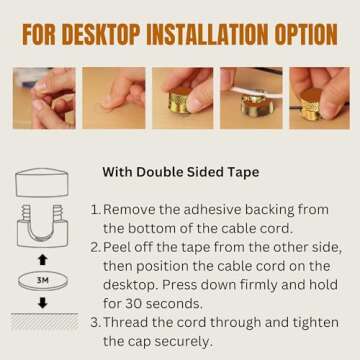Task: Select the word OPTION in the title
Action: coord(302,35)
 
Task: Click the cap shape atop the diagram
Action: coord(42,183)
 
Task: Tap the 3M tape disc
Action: coord(42,281)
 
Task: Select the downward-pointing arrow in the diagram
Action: coord(42,303)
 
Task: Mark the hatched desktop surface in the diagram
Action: coord(42,322)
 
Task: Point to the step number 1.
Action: coord(95,211)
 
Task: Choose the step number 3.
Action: coord(95,322)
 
